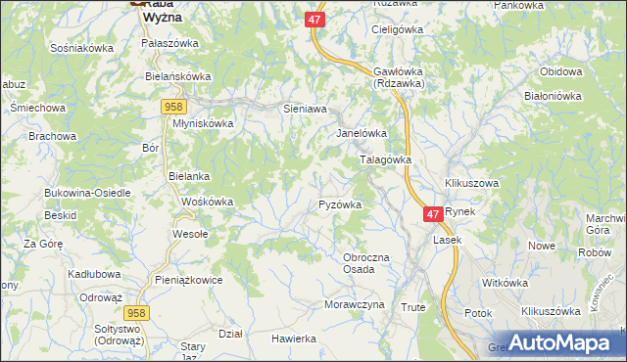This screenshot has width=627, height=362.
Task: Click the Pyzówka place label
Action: [341, 205]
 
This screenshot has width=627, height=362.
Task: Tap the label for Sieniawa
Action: [304, 110]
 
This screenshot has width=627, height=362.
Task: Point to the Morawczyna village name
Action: [355, 304]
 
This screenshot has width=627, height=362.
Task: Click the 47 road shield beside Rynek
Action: [434, 213]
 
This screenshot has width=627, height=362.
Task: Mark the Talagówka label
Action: [386, 159]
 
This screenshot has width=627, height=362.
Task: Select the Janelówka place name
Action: [362, 133]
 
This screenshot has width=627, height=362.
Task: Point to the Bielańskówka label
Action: [177, 75]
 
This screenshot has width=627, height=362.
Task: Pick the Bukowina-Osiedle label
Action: [87, 193]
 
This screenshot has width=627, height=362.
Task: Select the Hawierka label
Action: [294, 339]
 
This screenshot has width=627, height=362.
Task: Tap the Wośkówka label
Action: [208, 202]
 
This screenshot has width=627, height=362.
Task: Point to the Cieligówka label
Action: [396, 29]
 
